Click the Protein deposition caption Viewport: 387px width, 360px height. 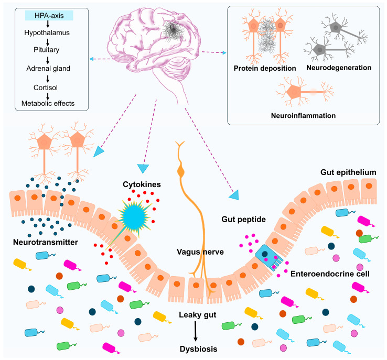pyautogui.click(x=264, y=68)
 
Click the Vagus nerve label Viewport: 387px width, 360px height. pyautogui.click(x=200, y=252)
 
